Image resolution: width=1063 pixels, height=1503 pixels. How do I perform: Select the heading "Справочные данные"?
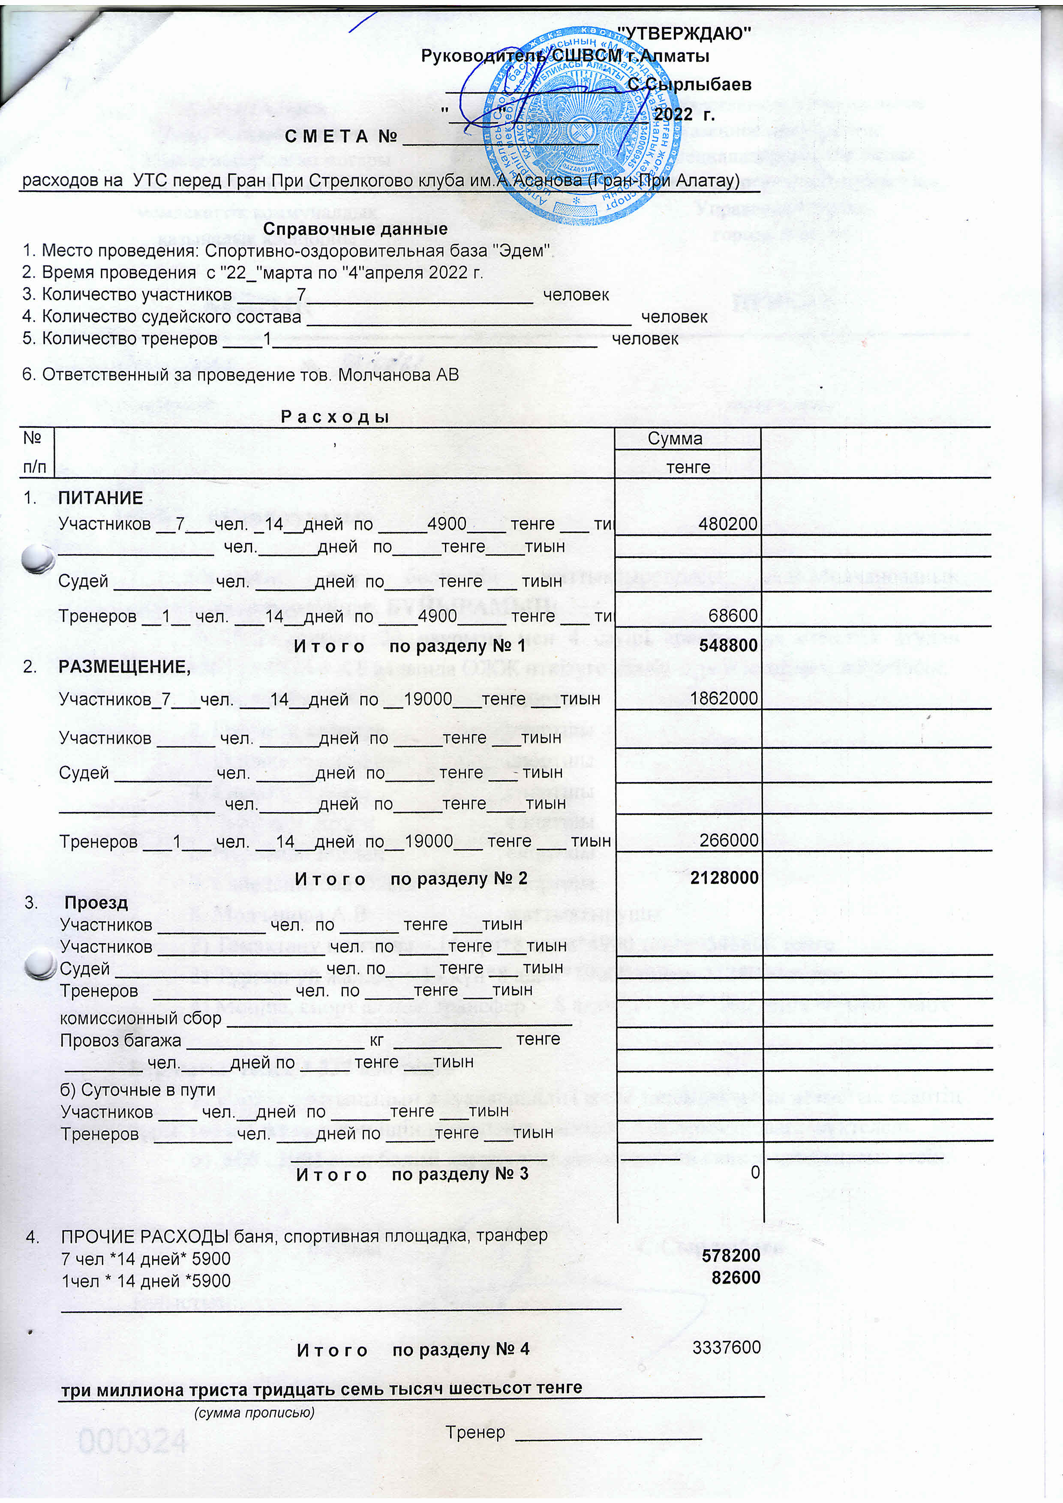pos(355,229)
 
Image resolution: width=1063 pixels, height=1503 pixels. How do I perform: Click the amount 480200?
pos(727,524)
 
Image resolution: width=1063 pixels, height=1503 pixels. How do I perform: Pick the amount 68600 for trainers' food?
pos(733,615)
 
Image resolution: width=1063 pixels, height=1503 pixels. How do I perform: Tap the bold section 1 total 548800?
pos(728,645)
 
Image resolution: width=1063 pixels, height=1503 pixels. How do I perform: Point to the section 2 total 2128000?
pos(724,878)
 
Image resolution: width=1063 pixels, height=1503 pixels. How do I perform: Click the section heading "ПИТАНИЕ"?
pos(100,498)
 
